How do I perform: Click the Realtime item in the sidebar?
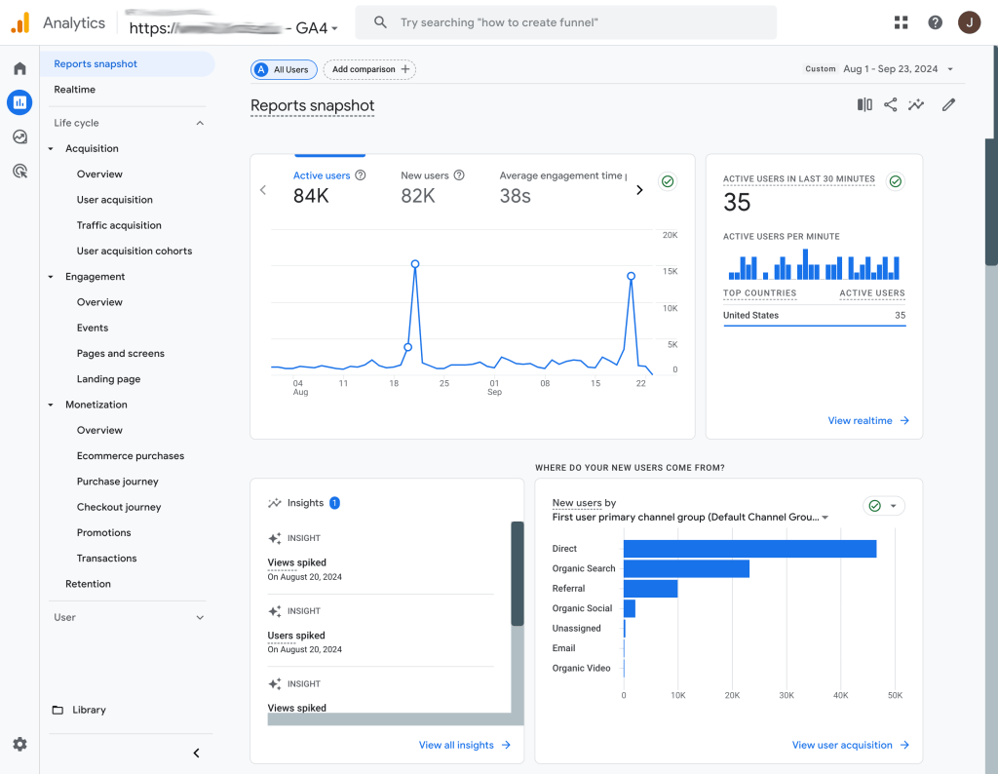[75, 90]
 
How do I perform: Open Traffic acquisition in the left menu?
[119, 225]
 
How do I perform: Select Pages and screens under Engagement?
[121, 354]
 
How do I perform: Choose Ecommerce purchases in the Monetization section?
[131, 456]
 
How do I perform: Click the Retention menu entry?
[88, 584]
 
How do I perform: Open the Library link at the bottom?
[89, 710]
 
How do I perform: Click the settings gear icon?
[19, 744]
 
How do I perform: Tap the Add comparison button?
[369, 70]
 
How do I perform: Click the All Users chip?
[284, 70]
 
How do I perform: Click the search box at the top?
[565, 22]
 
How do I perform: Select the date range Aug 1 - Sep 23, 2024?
[891, 69]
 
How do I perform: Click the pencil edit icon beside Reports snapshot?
[948, 105]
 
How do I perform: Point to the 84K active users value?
[311, 196]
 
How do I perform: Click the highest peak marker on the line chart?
[415, 264]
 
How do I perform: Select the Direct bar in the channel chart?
[748, 549]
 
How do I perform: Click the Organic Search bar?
[686, 568]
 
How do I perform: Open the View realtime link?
[867, 420]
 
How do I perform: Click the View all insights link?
[464, 745]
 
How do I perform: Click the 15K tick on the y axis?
[670, 271]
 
